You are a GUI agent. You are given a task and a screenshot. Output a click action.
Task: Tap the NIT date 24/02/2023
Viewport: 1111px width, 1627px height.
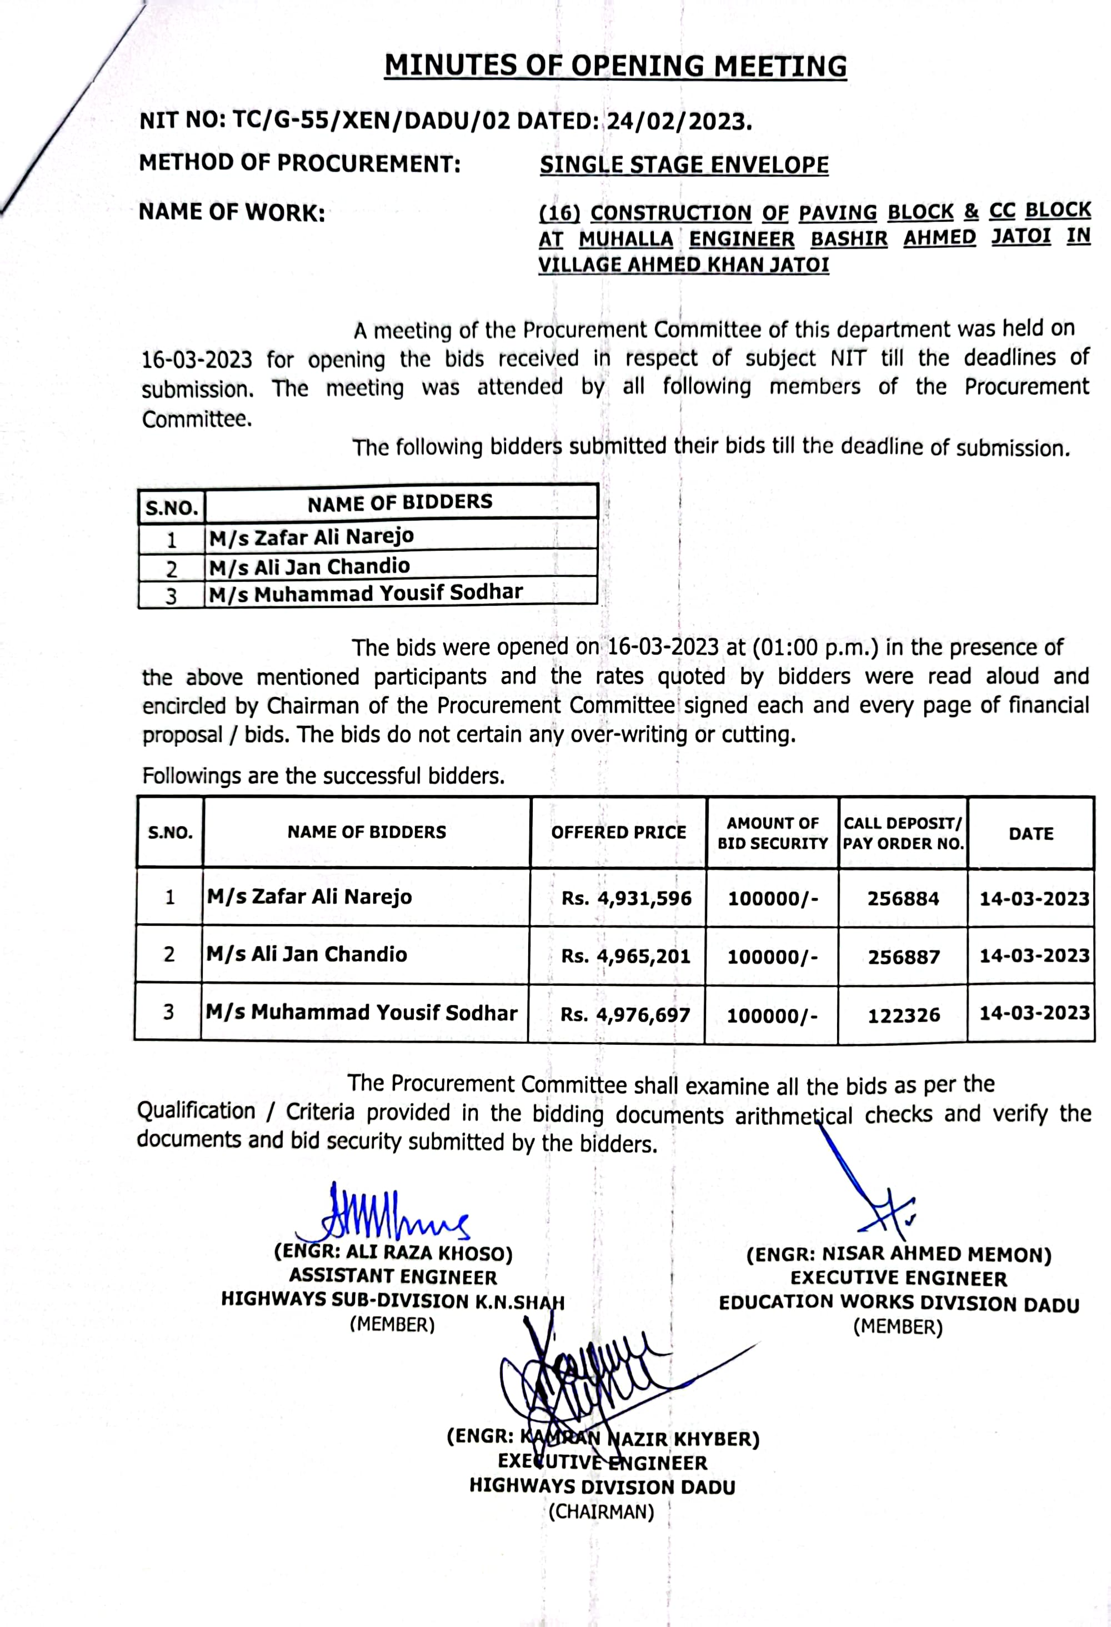[678, 122]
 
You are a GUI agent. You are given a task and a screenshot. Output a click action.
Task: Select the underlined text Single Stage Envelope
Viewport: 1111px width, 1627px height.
[683, 165]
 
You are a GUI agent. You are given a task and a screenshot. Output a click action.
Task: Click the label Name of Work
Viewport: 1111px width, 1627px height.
[232, 212]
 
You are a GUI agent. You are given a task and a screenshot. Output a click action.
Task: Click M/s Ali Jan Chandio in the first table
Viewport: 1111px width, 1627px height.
[309, 566]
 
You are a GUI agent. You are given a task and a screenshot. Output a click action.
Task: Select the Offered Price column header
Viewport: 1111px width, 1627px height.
[618, 832]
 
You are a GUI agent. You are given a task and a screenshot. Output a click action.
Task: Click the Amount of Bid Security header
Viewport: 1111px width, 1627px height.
[772, 833]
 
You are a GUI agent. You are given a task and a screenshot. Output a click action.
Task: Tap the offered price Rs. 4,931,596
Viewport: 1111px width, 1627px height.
[626, 898]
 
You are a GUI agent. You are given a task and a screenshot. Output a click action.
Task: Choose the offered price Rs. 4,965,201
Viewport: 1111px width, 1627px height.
[625, 956]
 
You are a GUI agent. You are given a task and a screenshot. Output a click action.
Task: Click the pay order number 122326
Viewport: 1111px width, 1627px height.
[903, 1015]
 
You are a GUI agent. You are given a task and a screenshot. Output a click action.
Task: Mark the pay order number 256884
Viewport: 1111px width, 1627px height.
[903, 899]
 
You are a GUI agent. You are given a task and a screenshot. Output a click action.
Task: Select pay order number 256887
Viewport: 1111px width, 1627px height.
[903, 957]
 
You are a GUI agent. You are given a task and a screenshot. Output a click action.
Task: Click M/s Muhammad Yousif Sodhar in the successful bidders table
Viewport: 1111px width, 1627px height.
[361, 1013]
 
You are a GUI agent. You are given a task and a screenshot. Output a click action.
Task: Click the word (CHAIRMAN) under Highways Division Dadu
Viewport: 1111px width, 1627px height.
[600, 1512]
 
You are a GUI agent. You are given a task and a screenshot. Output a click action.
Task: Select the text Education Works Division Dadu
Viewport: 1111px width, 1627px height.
[899, 1303]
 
